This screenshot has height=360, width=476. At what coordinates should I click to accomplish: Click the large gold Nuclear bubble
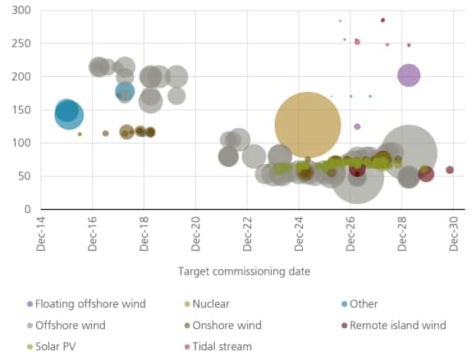coord(308,125)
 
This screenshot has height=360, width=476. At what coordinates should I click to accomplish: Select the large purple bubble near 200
coord(409,75)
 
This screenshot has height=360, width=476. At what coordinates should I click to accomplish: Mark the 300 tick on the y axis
coord(20,10)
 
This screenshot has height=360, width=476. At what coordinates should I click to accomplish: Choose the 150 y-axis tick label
coord(20,110)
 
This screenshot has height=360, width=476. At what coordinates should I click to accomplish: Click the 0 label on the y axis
coord(26,210)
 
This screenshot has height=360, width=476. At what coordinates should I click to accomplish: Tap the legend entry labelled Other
coord(363,304)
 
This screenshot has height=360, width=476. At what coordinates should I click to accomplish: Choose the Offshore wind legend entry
coord(70,326)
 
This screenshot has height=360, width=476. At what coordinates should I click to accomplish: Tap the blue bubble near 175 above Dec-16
coord(125,91)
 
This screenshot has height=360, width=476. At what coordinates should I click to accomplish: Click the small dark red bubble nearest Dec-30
coord(450,170)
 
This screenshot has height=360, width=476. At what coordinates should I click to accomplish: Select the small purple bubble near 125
coord(357,126)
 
